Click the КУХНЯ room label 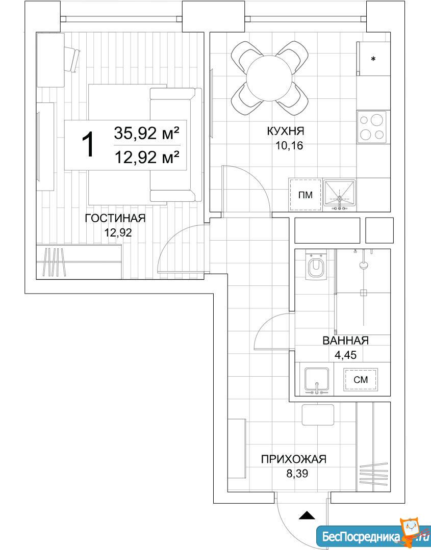[x=285, y=131]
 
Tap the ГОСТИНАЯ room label [x=115, y=218]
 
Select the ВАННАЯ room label [x=345, y=340]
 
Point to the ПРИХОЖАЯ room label [x=293, y=459]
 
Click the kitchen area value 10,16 [x=289, y=146]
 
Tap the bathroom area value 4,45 [x=345, y=355]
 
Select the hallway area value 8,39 [x=297, y=474]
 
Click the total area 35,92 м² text [x=147, y=133]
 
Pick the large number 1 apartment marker [x=88, y=144]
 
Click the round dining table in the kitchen [x=269, y=78]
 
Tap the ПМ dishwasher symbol [x=306, y=195]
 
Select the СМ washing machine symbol [x=361, y=380]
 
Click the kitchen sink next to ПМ [x=339, y=195]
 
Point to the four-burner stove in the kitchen [x=372, y=127]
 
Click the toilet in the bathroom [x=316, y=265]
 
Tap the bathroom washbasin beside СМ [x=317, y=381]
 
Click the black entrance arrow [x=307, y=515]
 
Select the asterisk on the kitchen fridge [x=373, y=59]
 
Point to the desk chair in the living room [x=72, y=59]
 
